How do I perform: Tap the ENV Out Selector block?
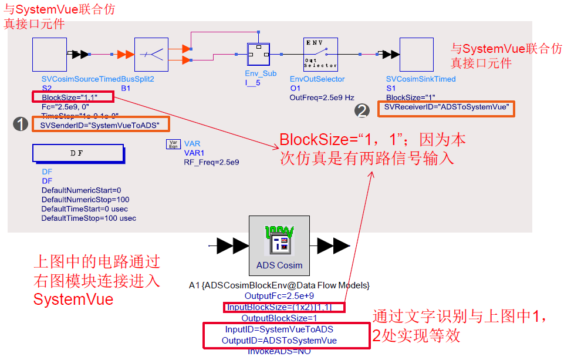(320, 54)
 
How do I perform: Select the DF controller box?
(78, 153)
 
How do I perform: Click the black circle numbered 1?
(22, 124)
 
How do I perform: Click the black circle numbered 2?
(363, 109)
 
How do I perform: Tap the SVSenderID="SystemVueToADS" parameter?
(100, 125)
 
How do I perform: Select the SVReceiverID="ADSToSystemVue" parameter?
(447, 108)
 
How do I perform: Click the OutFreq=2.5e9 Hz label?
(322, 97)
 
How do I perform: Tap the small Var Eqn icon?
(174, 144)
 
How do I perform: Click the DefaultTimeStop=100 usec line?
(89, 218)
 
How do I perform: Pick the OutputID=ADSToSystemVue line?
(279, 341)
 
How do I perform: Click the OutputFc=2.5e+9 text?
(279, 295)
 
